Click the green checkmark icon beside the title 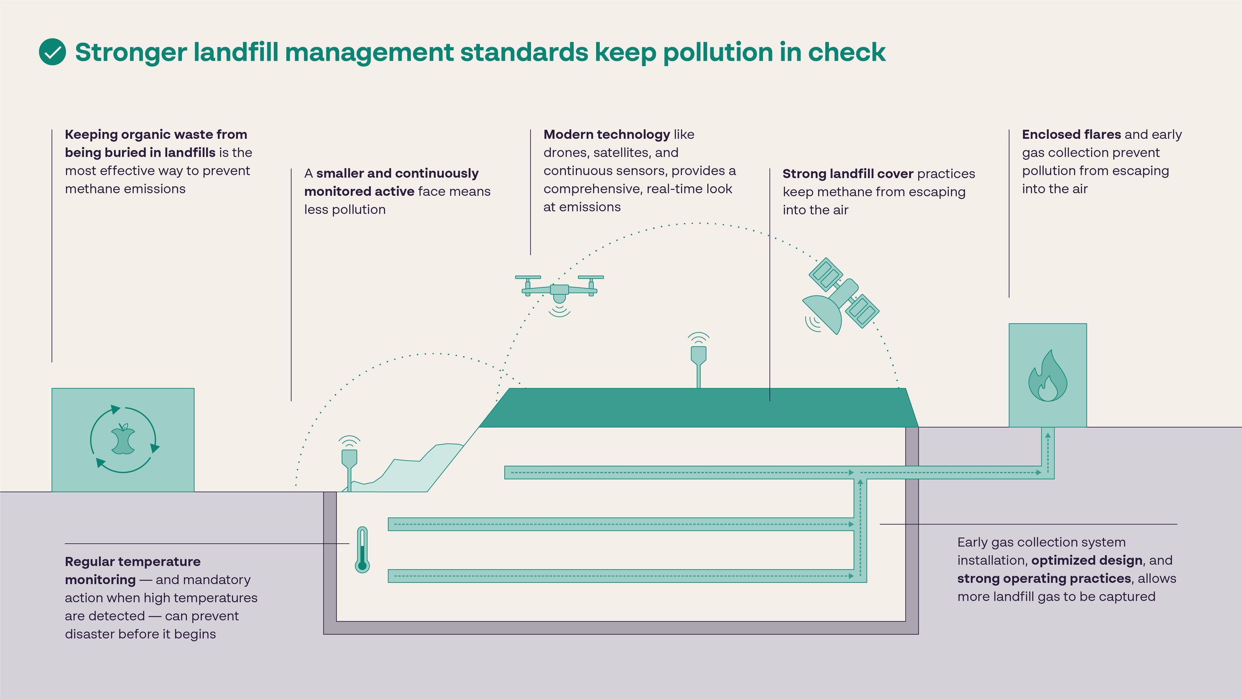coord(52,52)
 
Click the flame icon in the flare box coord(1047,376)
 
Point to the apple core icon coord(123,439)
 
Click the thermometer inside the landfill coord(362,550)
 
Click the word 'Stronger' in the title coord(131,52)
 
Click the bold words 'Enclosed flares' coord(1071,134)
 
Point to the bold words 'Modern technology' coord(607,134)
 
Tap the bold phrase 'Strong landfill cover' coord(848,174)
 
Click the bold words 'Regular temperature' coord(133,561)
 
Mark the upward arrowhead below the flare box coord(1048,436)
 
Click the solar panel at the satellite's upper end coord(825,274)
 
